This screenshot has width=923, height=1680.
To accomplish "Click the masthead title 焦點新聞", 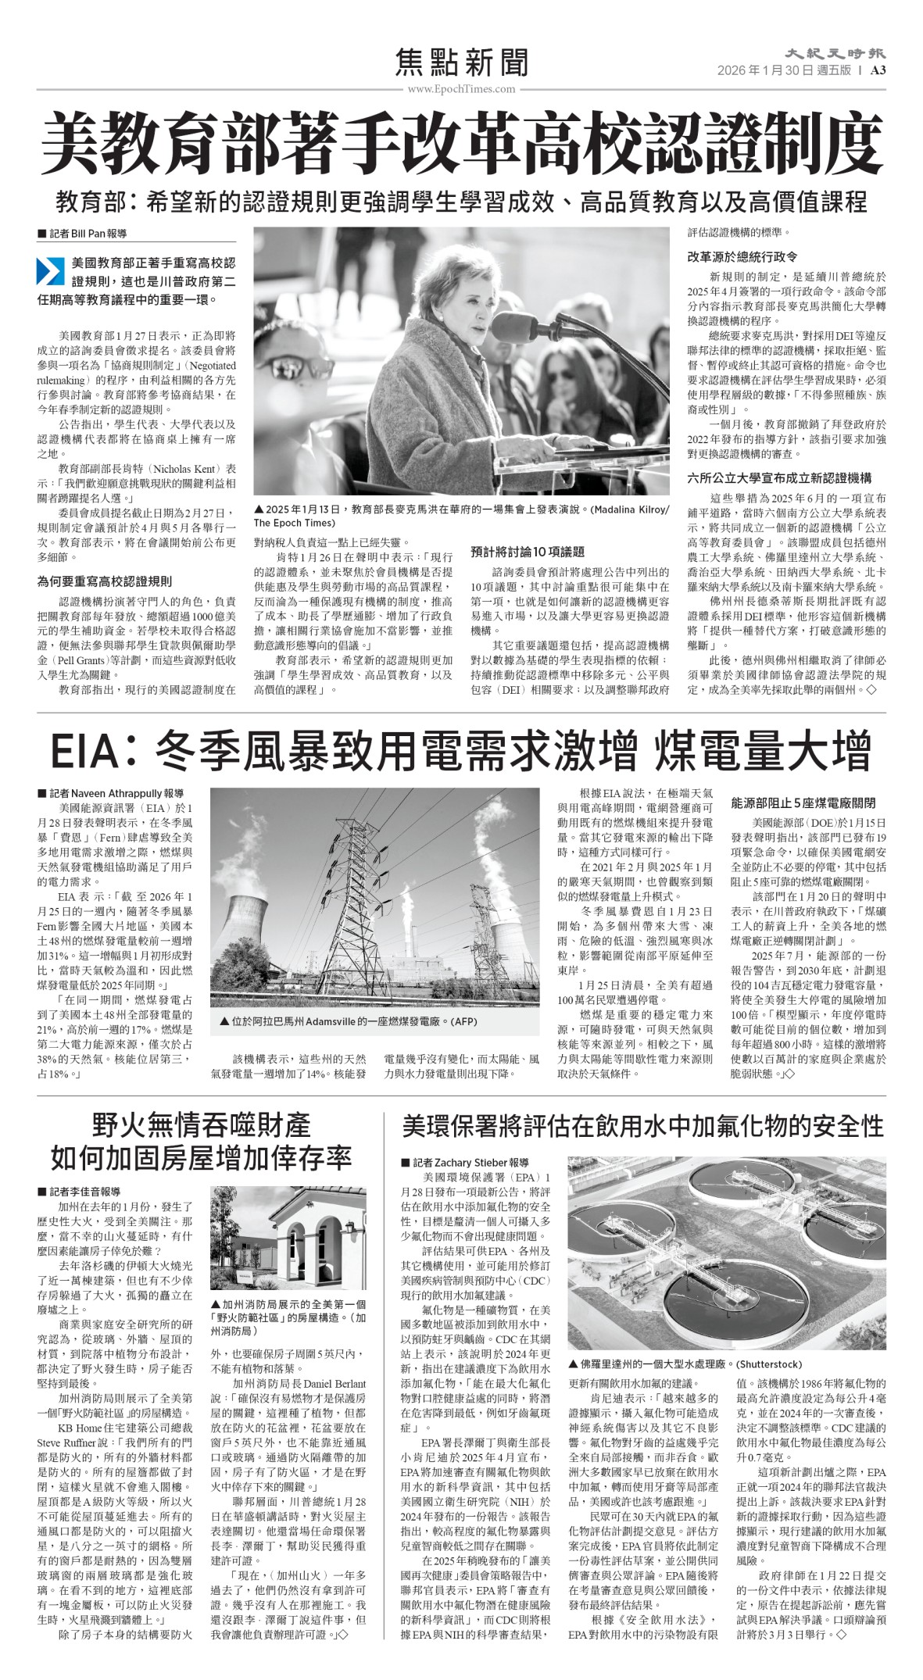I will click(462, 63).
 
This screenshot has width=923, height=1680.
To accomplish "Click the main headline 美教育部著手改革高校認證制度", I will click(461, 143).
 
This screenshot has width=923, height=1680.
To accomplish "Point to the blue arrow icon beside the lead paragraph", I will click(51, 270).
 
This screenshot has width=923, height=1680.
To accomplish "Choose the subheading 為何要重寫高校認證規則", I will click(105, 581).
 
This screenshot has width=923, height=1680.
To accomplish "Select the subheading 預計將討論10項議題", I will click(528, 552).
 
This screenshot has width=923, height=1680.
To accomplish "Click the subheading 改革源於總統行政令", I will click(742, 256).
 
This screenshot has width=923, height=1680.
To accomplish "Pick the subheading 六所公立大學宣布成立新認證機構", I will click(779, 478).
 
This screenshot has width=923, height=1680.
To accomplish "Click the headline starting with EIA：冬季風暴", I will click(461, 751).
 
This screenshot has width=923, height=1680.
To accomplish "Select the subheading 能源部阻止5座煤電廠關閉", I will click(803, 802).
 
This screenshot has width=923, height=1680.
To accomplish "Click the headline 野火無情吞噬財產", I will click(201, 1126).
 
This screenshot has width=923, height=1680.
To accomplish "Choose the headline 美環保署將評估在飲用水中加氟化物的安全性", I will click(642, 1126).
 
